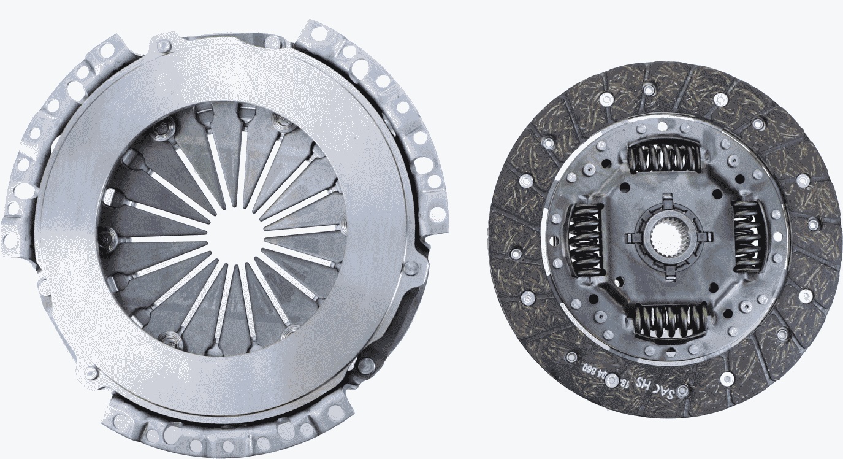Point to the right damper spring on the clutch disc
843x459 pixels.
[x=747, y=236]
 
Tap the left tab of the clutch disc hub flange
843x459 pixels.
[x=631, y=237]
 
